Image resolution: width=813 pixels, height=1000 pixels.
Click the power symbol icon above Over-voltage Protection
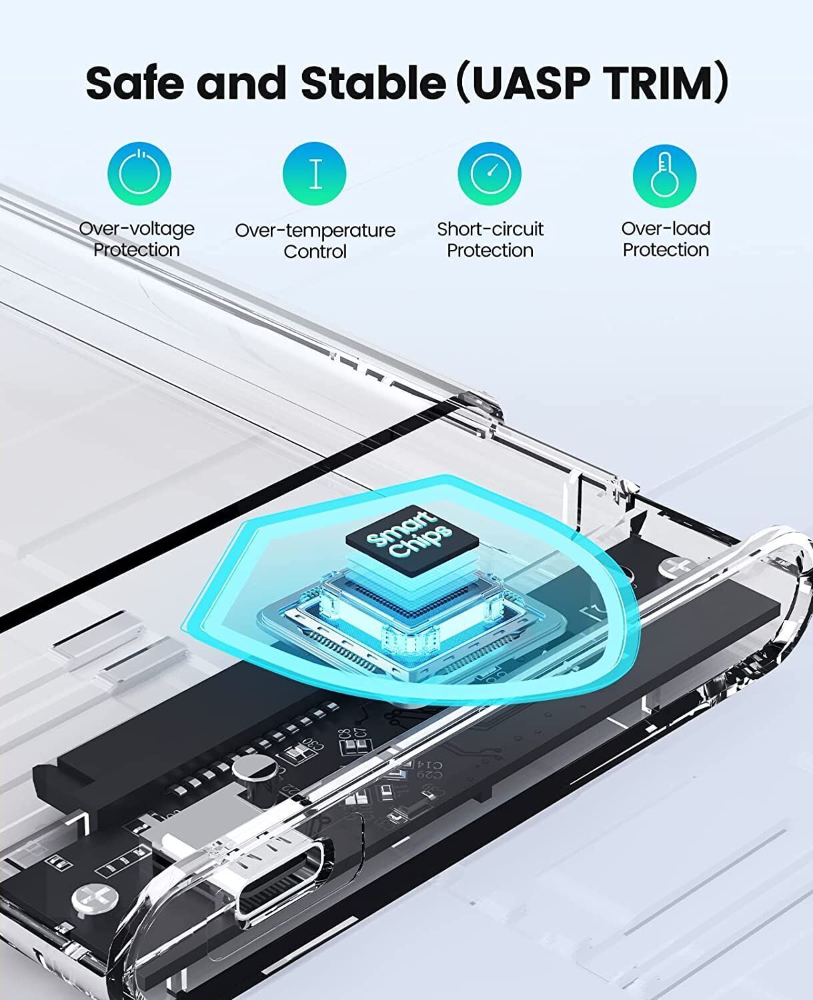click(x=139, y=173)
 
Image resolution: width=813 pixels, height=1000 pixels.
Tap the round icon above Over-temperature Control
click(x=315, y=173)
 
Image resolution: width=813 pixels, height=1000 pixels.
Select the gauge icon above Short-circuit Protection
click(x=490, y=173)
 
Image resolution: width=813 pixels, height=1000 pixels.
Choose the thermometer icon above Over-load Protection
click(x=664, y=173)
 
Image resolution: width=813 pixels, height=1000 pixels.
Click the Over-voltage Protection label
click(x=137, y=239)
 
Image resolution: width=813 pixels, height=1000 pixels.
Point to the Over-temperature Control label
click(x=315, y=240)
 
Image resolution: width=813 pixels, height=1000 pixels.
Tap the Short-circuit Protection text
click(x=490, y=239)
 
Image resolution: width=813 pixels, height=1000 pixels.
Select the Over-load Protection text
click(x=666, y=239)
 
